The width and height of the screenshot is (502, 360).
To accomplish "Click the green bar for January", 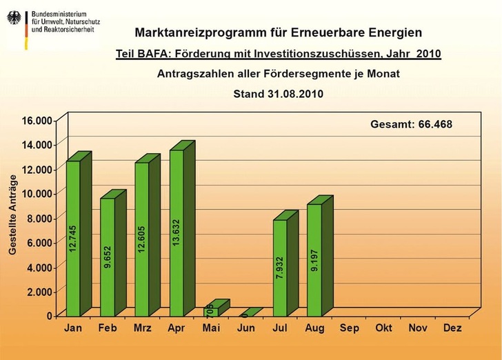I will coord(73,238).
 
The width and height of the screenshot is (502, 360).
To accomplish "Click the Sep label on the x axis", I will coord(349,329).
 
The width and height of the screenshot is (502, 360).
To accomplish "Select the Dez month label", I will coord(452,329).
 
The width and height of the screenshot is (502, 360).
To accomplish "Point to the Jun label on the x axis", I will coord(245,329).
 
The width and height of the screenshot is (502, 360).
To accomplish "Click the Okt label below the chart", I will coord(383,329).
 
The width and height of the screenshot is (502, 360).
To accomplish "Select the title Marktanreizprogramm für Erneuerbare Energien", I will coord(279,32).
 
